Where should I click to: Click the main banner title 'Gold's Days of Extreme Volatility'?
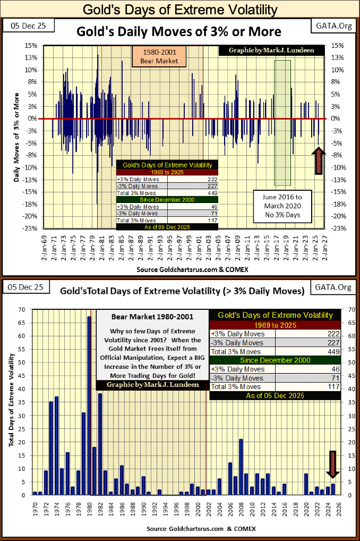pos(179,9)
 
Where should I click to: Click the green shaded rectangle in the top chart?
pos(282,122)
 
